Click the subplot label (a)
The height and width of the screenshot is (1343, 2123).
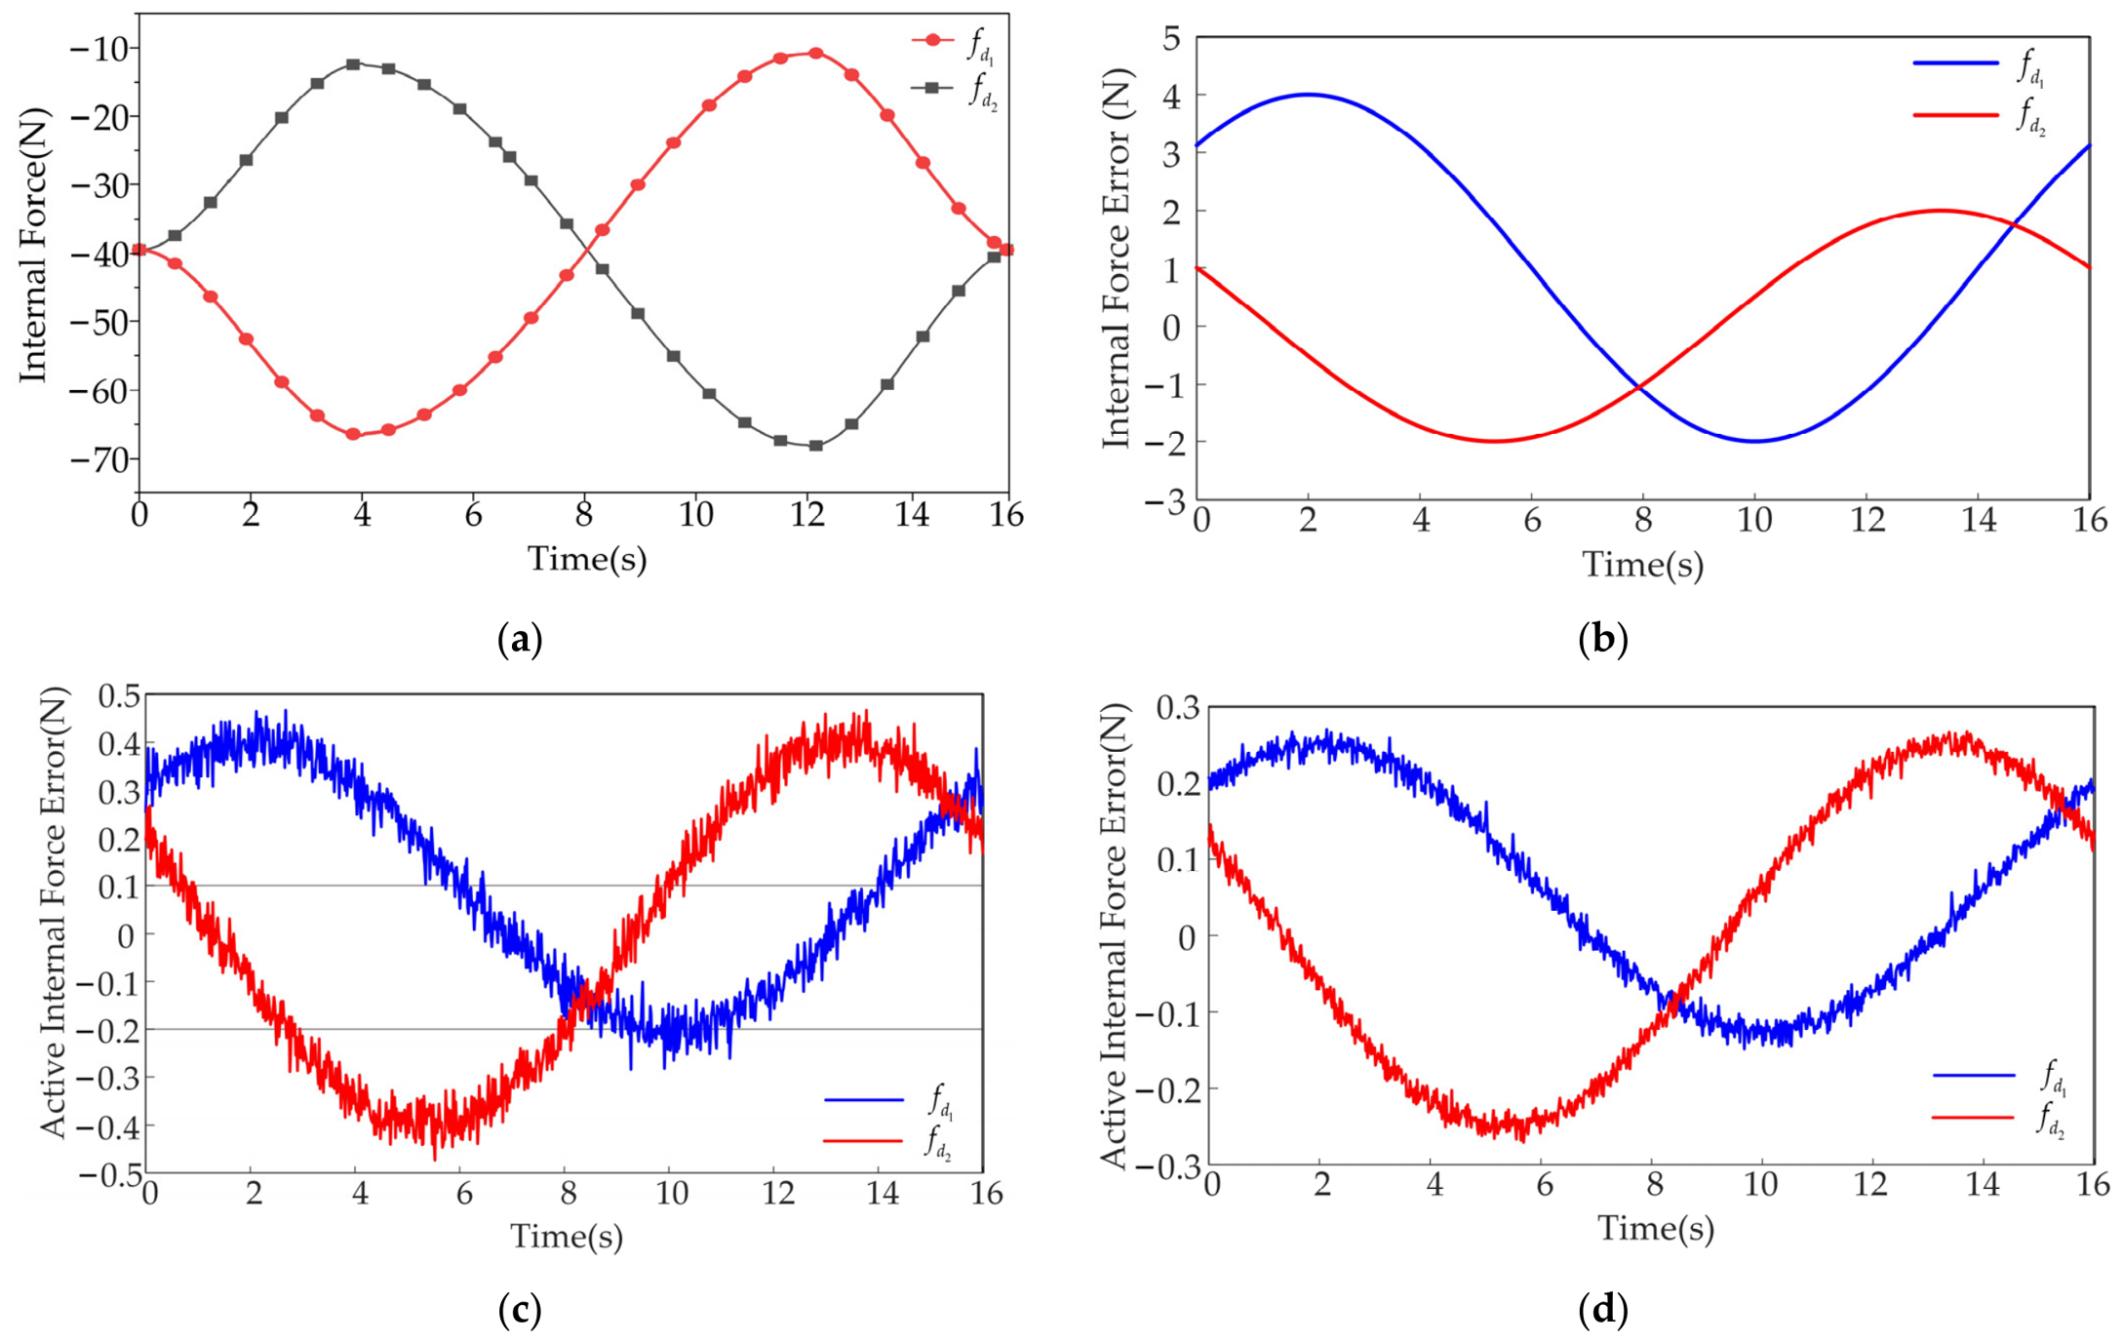coord(520,640)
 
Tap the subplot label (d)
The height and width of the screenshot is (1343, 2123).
coord(1603,1309)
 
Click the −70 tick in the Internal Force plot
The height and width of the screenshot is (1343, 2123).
coord(99,459)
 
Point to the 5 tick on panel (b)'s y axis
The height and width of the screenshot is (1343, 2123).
coord(1170,39)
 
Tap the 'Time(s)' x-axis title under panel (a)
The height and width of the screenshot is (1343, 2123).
coord(587,560)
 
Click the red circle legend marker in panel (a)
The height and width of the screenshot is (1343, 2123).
coord(933,40)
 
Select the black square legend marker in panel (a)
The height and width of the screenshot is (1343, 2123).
coord(933,88)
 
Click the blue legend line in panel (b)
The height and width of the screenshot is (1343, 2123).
coord(1955,63)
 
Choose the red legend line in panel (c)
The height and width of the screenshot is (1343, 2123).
coord(863,1140)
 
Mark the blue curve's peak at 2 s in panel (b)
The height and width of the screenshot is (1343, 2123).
coord(1308,95)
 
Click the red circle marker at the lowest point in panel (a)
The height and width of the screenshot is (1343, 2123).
coord(353,434)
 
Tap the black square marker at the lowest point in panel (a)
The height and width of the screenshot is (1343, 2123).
coord(816,446)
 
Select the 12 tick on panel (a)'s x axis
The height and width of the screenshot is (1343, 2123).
coord(807,514)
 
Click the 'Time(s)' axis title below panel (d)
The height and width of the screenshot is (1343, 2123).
coord(1655,1229)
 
